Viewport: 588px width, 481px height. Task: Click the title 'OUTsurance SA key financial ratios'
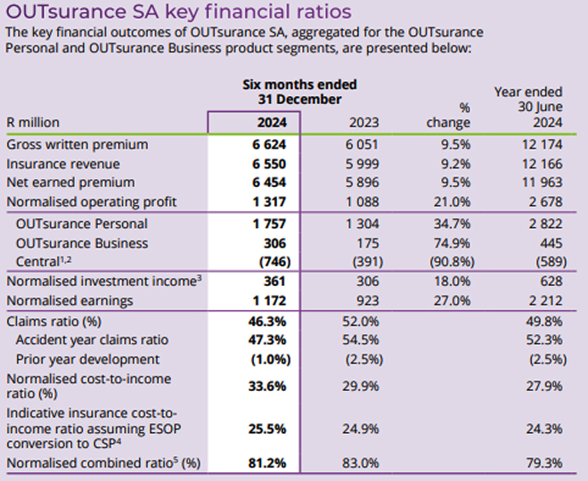click(x=178, y=12)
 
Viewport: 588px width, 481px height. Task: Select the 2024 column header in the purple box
click(x=265, y=122)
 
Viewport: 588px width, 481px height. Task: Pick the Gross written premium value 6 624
click(x=265, y=144)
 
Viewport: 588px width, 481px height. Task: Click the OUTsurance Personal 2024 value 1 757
click(x=265, y=224)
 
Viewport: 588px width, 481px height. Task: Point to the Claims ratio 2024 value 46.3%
click(x=265, y=321)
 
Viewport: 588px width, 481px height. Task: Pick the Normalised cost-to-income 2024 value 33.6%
click(x=265, y=386)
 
